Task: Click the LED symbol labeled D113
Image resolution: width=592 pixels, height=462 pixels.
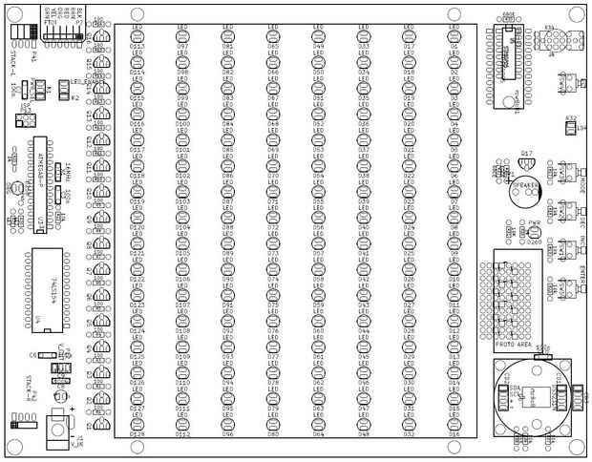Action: click(137, 36)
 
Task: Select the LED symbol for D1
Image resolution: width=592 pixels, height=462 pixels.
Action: click(454, 36)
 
